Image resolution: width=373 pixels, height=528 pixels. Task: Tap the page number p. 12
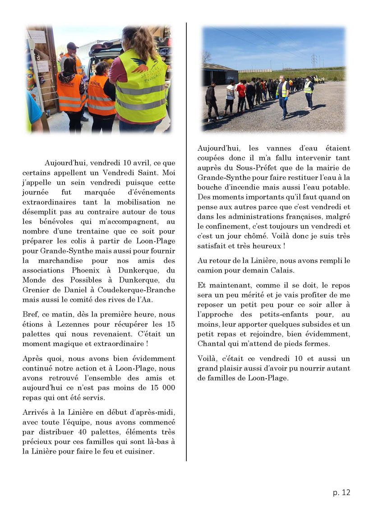pyautogui.click(x=341, y=492)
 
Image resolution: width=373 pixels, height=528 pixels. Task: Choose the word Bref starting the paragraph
pyautogui.click(x=30, y=315)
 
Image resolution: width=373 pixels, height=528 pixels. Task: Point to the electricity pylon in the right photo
pyautogui.click(x=314, y=61)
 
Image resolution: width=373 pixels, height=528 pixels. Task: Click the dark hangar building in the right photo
pyautogui.click(x=220, y=74)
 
